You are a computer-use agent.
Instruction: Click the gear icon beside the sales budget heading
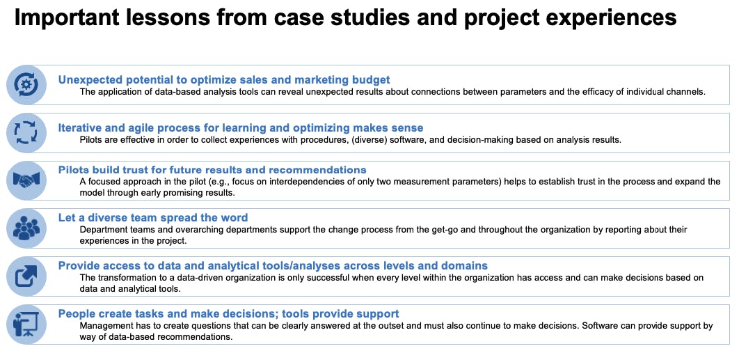click(x=26, y=85)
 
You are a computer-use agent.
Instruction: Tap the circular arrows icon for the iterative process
click(x=26, y=132)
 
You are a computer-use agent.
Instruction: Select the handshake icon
click(x=26, y=180)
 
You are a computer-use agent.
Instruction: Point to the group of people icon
click(x=26, y=228)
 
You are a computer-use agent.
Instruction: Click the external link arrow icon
click(x=26, y=276)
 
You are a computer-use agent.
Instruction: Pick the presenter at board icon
click(x=26, y=324)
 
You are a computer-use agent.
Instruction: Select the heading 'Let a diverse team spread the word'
click(x=153, y=217)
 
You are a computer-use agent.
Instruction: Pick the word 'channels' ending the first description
click(x=686, y=92)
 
